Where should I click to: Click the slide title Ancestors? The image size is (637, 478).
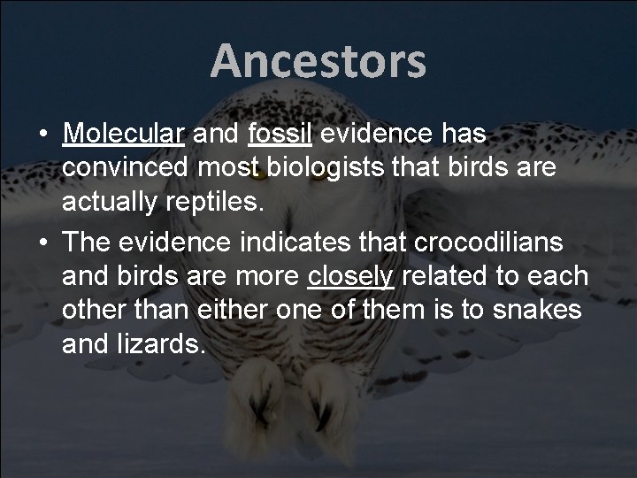[x=318, y=62]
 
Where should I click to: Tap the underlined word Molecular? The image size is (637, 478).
[x=123, y=134]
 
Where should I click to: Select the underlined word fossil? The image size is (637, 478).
[x=279, y=134]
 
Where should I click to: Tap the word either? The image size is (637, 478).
[x=219, y=310]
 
